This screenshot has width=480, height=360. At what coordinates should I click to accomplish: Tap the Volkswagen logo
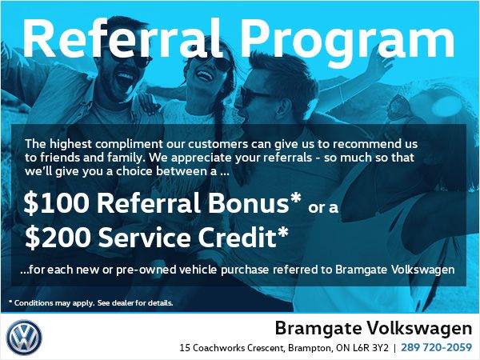click(24, 337)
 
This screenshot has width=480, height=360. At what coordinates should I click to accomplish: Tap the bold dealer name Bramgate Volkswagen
click(373, 328)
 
